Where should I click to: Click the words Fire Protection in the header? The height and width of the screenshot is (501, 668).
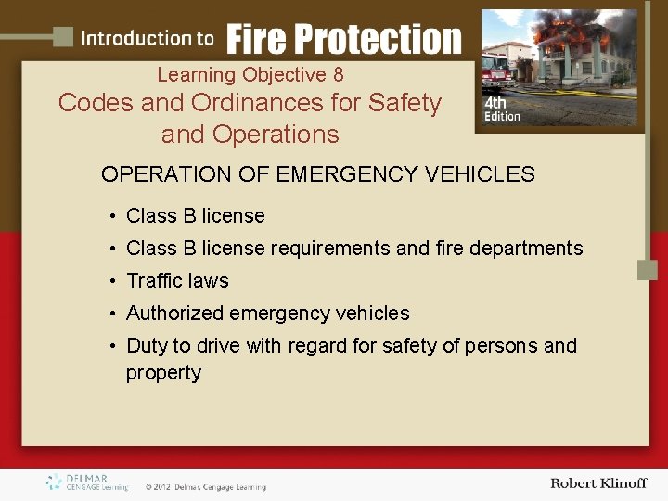(343, 39)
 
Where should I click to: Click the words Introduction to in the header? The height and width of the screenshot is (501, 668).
(147, 39)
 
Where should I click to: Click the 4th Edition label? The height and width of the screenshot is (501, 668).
(502, 110)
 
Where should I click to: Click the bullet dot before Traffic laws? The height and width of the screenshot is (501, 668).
(110, 281)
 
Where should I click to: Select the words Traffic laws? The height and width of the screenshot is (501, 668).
(177, 280)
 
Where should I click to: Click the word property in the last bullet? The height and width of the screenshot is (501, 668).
(163, 373)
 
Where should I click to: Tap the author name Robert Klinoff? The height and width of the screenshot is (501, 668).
(597, 483)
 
